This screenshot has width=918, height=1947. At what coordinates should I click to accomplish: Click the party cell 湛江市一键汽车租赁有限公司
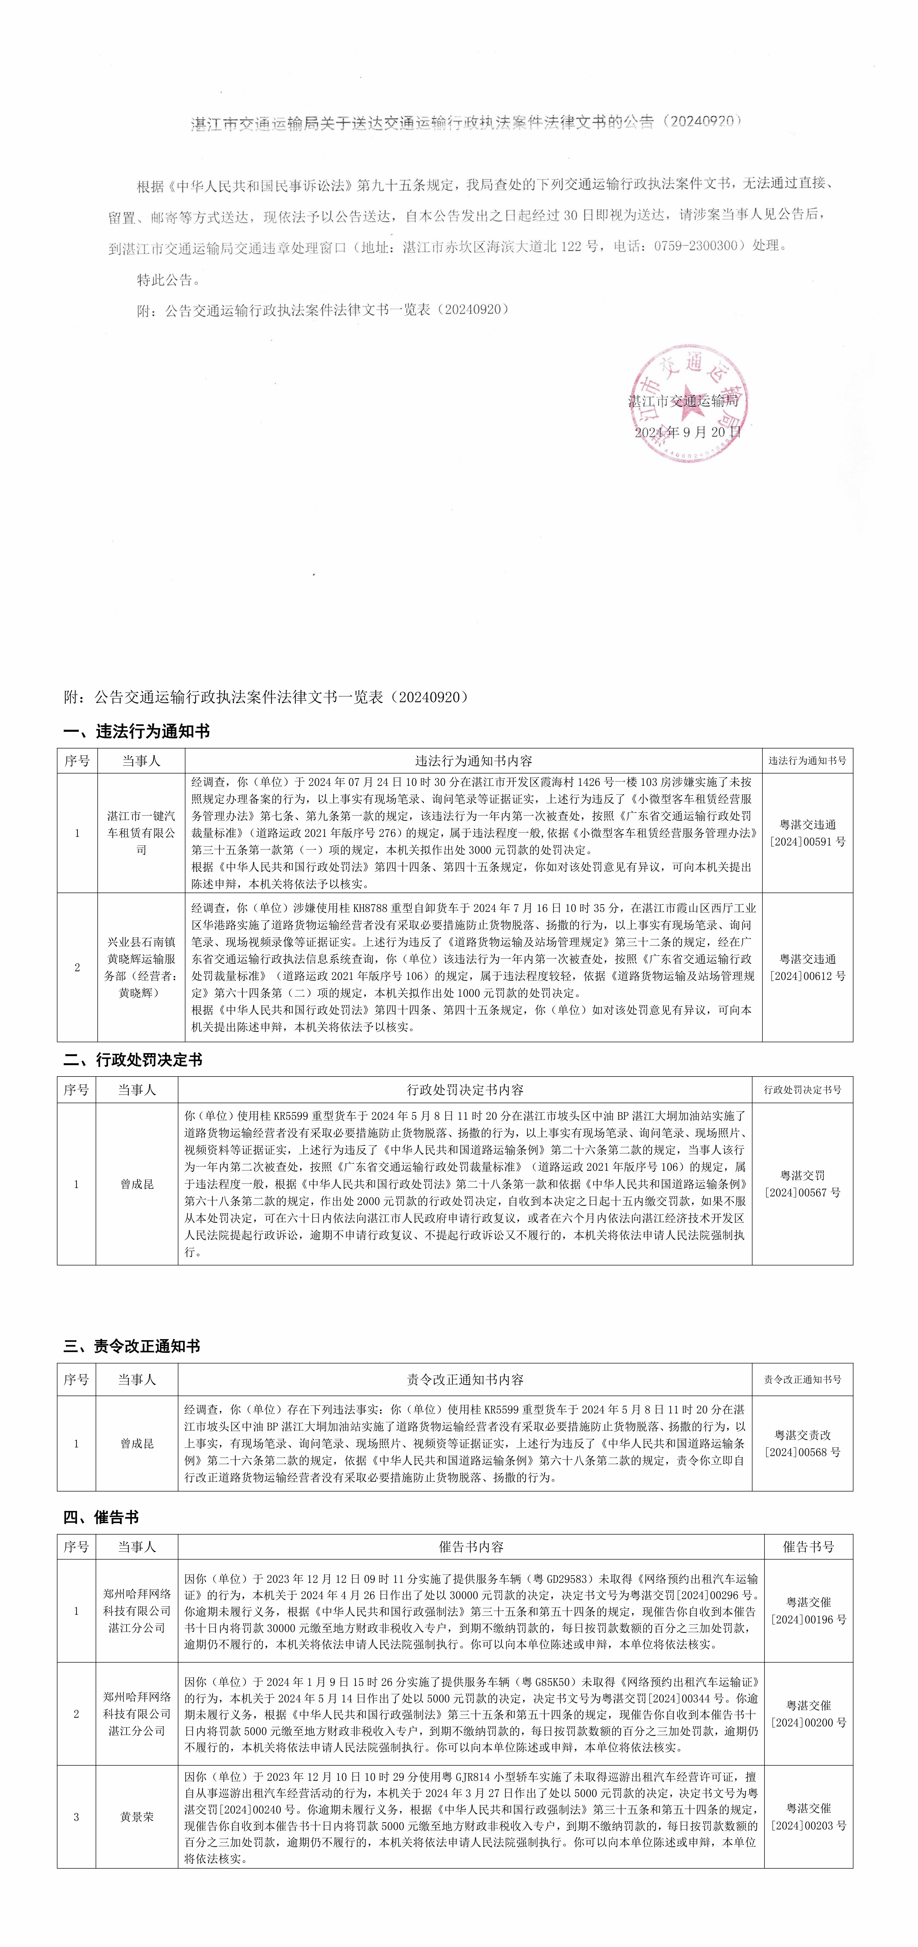pyautogui.click(x=141, y=833)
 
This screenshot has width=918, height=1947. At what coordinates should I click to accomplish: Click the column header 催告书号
pyautogui.click(x=808, y=1546)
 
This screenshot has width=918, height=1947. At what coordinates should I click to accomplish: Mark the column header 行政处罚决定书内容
pyautogui.click(x=465, y=1090)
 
